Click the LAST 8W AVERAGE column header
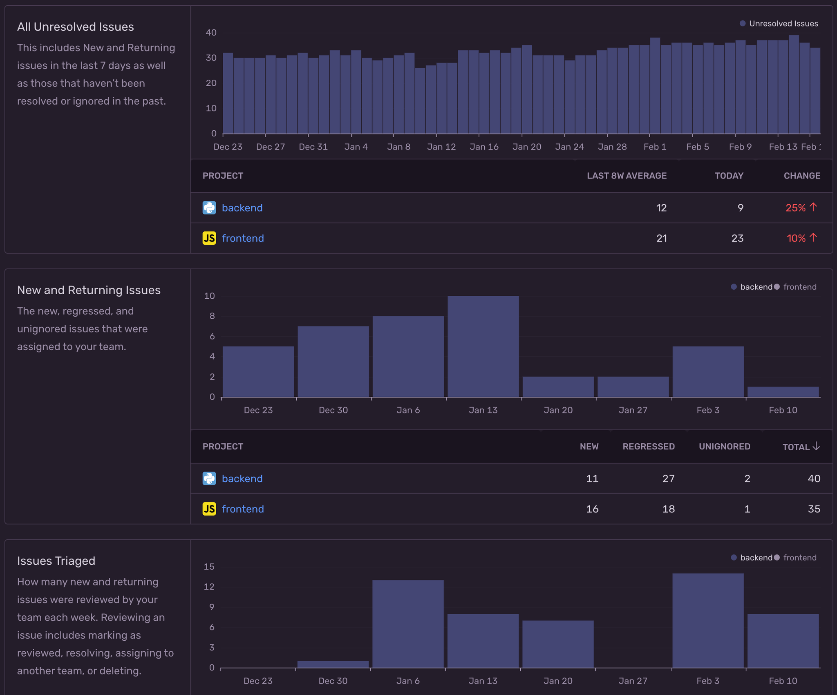(627, 176)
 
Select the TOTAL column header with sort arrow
(801, 447)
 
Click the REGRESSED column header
(648, 447)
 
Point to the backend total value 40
(814, 478)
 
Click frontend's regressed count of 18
(668, 509)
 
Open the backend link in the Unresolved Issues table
(242, 208)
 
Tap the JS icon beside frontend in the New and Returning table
(209, 509)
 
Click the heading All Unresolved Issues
(76, 27)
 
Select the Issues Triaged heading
(56, 561)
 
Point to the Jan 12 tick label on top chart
(441, 147)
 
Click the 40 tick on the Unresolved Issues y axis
(211, 33)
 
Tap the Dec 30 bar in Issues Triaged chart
(333, 664)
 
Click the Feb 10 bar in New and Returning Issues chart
(783, 392)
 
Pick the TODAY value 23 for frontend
(737, 238)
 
